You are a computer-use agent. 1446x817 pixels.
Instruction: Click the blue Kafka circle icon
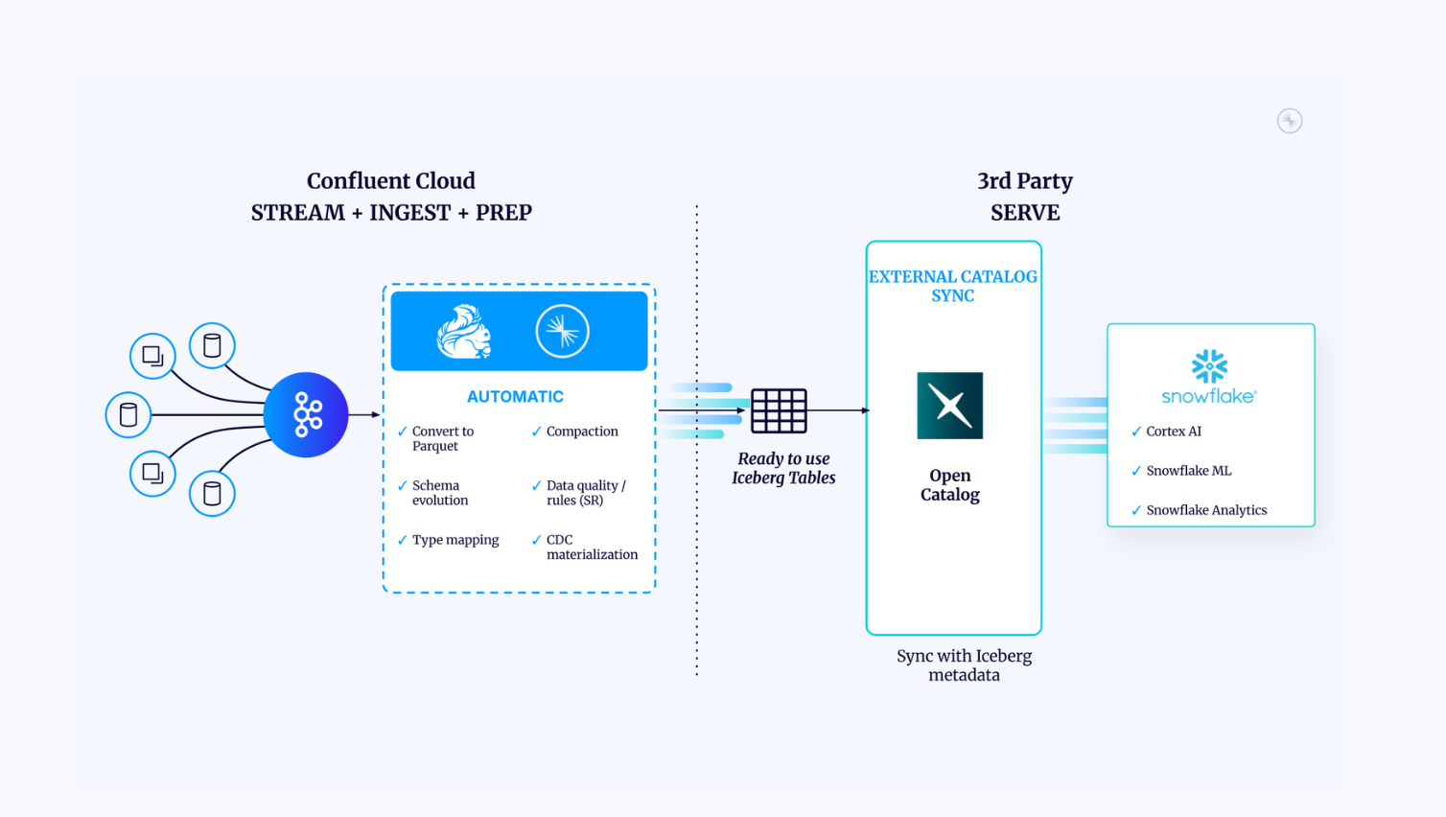tap(306, 414)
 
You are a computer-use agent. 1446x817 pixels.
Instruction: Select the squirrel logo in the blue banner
tap(464, 332)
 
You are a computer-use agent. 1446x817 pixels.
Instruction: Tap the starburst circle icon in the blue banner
tap(562, 331)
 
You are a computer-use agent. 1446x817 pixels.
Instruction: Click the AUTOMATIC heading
tap(515, 397)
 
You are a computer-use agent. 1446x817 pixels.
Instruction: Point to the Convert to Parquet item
tap(442, 438)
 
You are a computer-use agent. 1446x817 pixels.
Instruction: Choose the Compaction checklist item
tap(581, 432)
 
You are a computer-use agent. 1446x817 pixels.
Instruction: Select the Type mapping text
tap(455, 540)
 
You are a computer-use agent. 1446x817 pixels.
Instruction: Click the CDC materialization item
tap(591, 547)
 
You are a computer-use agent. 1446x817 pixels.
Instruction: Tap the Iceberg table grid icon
tap(779, 411)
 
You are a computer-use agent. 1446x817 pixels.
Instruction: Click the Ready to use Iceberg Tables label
tap(783, 468)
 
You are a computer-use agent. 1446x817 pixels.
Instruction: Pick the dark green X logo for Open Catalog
tap(949, 406)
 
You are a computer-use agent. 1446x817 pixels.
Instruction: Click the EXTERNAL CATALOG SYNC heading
tap(952, 286)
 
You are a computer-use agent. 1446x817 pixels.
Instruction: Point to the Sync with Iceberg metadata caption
tap(964, 665)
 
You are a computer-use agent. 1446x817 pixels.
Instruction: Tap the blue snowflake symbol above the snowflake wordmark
tap(1209, 366)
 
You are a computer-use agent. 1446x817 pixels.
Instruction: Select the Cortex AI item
tap(1173, 432)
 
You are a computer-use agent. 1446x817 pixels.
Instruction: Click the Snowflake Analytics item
tap(1205, 510)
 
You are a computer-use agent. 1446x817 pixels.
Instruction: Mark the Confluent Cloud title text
tap(390, 181)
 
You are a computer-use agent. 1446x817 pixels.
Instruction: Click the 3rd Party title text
tap(1024, 181)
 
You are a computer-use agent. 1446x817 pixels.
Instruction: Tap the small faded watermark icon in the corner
tap(1290, 121)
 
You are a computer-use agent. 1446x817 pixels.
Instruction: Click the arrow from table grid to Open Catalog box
tap(839, 410)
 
